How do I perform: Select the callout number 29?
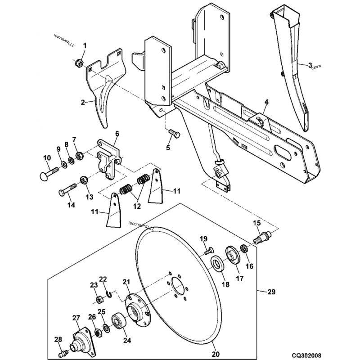271,292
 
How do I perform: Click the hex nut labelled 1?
77,63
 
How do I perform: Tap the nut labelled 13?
84,180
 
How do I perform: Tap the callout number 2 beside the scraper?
83,103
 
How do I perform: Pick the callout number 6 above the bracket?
117,134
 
